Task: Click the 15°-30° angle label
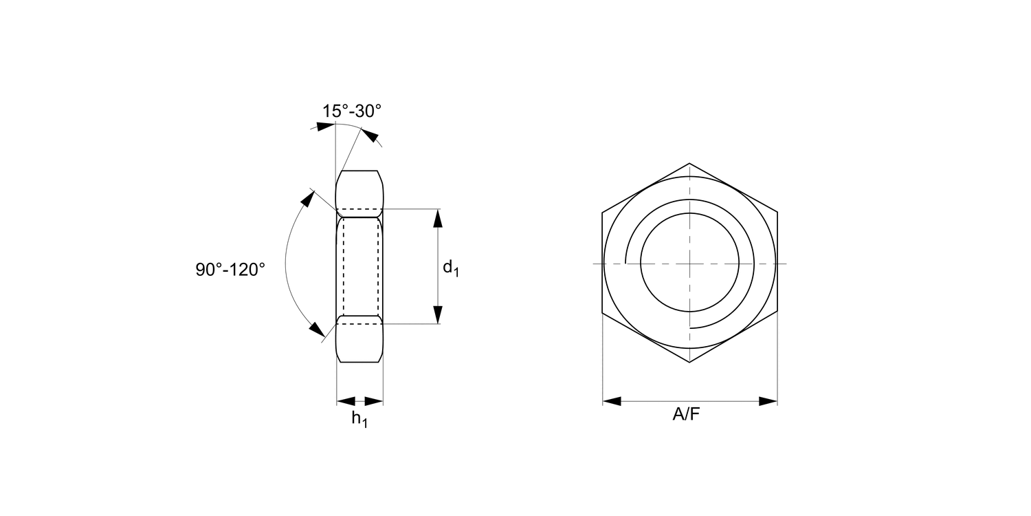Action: pyautogui.click(x=351, y=111)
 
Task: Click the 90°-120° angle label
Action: pyautogui.click(x=230, y=269)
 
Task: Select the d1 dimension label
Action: pyautogui.click(x=450, y=267)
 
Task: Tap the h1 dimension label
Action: pyautogui.click(x=359, y=418)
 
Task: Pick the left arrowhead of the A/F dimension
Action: pyautogui.click(x=612, y=401)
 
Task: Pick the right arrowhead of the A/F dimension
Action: pyautogui.click(x=768, y=401)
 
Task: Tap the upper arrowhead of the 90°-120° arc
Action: pyautogui.click(x=305, y=200)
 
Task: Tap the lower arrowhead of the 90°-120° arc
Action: pyautogui.click(x=317, y=330)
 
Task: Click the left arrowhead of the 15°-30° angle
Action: pyautogui.click(x=325, y=127)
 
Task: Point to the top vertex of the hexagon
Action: pyautogui.click(x=689, y=164)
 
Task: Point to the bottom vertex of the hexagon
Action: pyautogui.click(x=689, y=363)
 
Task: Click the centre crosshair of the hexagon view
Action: pyautogui.click(x=689, y=264)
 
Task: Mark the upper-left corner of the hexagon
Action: pyautogui.click(x=603, y=213)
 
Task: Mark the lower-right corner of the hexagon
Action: pyautogui.click(x=777, y=314)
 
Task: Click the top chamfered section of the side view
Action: pyautogui.click(x=359, y=189)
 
